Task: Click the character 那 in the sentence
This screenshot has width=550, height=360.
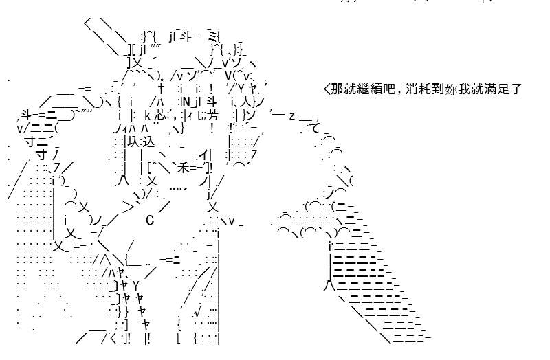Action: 338,89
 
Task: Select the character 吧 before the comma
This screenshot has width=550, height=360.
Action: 388,89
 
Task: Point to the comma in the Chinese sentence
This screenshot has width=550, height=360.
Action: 399,93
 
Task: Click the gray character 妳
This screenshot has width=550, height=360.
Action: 450,89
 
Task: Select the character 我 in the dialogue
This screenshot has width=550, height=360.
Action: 463,89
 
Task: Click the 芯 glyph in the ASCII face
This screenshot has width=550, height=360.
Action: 160,115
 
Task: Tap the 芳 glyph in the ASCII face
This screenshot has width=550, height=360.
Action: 212,115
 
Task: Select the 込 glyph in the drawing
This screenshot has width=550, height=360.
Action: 148,142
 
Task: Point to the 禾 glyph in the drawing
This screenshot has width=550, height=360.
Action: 183,168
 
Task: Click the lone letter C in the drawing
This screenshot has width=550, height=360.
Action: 150,221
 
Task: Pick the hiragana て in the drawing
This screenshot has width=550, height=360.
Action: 316,128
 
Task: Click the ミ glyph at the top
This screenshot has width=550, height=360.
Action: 212,36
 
